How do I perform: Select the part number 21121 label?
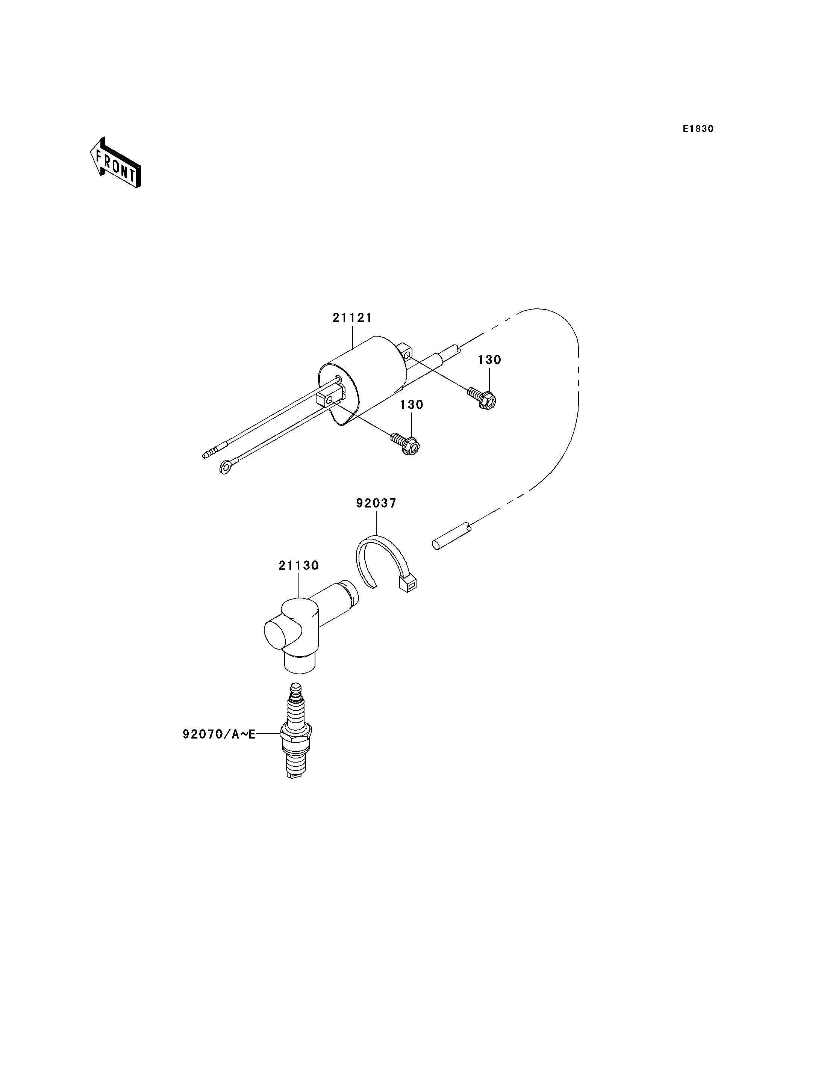352,318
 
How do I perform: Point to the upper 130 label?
489,360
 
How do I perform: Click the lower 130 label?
412,405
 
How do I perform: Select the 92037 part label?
376,503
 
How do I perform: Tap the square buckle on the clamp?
408,584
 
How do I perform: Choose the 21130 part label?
299,566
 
